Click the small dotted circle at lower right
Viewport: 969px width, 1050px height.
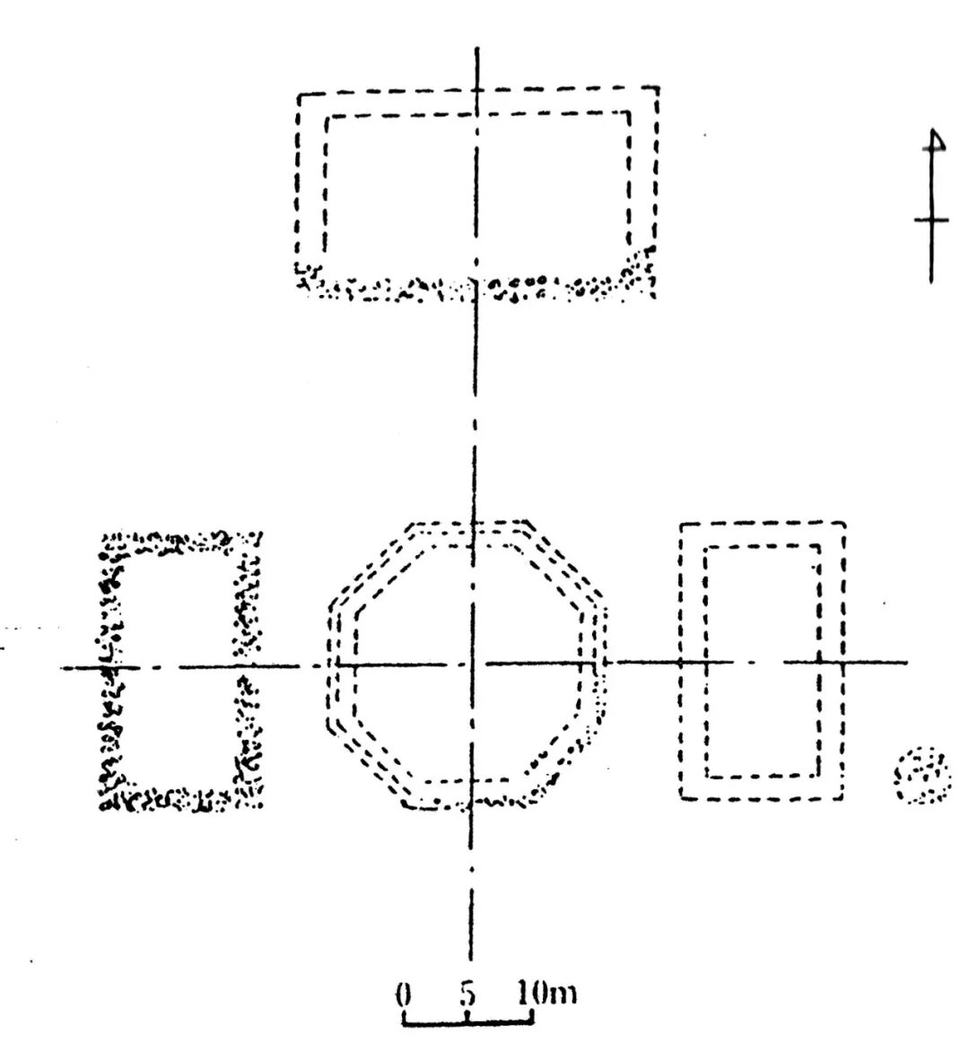(x=922, y=777)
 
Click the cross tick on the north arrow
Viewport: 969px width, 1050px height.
(x=932, y=220)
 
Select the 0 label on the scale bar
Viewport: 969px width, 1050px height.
(x=403, y=994)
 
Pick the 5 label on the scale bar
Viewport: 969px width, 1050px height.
(x=467, y=994)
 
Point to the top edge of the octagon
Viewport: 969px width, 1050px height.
(x=467, y=524)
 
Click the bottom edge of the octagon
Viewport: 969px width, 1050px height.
(x=467, y=807)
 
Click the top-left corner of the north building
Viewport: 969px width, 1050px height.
(x=300, y=95)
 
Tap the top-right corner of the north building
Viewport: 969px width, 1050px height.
(x=659, y=89)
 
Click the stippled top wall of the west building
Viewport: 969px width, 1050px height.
(x=179, y=542)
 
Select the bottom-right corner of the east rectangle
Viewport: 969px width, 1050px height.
(x=843, y=796)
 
